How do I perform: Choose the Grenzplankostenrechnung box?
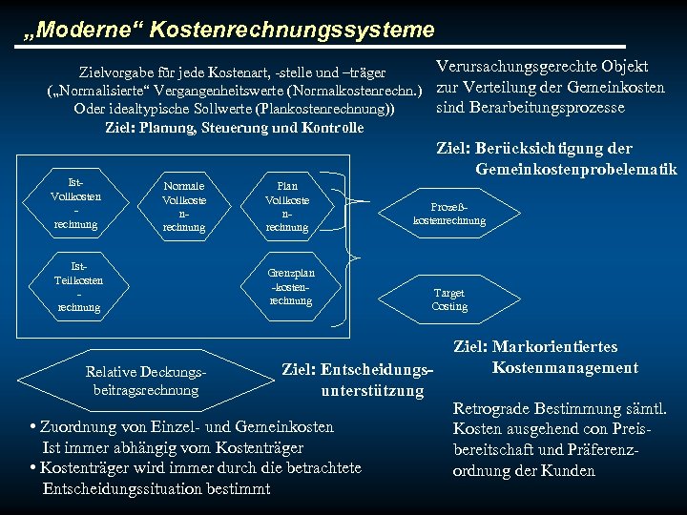coord(291,286)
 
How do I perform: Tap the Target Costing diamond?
coord(449,300)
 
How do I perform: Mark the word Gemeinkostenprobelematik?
coord(575,170)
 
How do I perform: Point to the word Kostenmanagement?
coord(565,368)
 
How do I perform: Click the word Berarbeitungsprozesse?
coord(531,108)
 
